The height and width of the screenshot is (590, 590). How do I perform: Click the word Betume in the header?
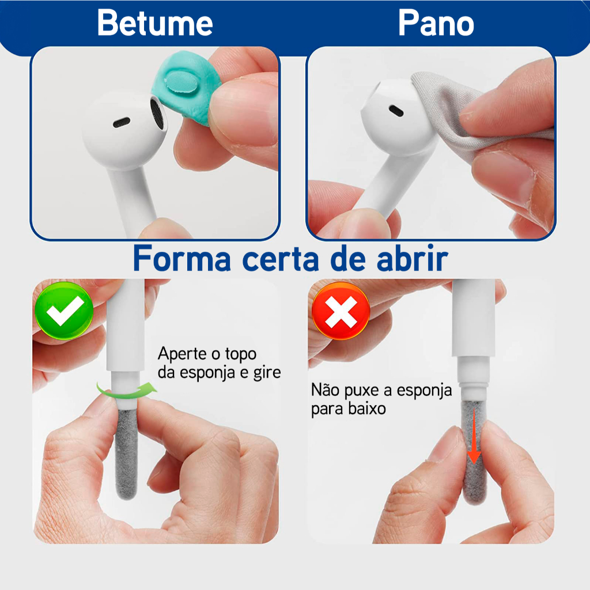(x=155, y=22)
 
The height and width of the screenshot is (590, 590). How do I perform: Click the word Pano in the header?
(x=436, y=22)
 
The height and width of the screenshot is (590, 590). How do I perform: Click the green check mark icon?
(x=64, y=311)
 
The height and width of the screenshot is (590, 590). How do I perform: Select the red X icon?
(x=341, y=311)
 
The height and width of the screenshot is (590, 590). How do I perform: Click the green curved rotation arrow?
(x=127, y=391)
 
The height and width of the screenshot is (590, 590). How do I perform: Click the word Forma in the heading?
(x=182, y=259)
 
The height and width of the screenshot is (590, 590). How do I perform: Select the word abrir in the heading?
(x=413, y=259)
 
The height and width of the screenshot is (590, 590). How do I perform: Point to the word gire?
(x=267, y=373)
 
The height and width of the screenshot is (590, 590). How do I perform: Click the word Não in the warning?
(x=326, y=389)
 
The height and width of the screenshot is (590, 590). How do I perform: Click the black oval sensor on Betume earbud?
(x=122, y=122)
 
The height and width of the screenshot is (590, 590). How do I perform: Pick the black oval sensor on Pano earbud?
(x=396, y=111)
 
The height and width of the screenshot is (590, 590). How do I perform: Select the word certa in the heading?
(x=281, y=259)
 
